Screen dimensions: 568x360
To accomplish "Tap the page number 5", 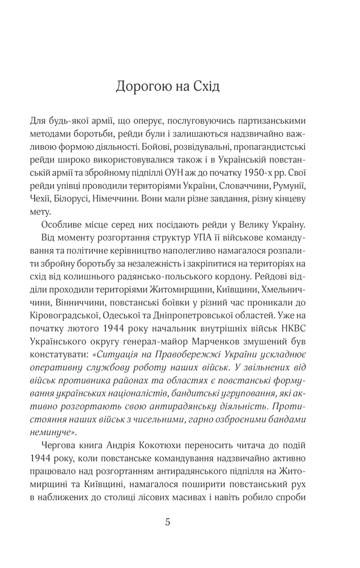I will (x=167, y=522).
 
